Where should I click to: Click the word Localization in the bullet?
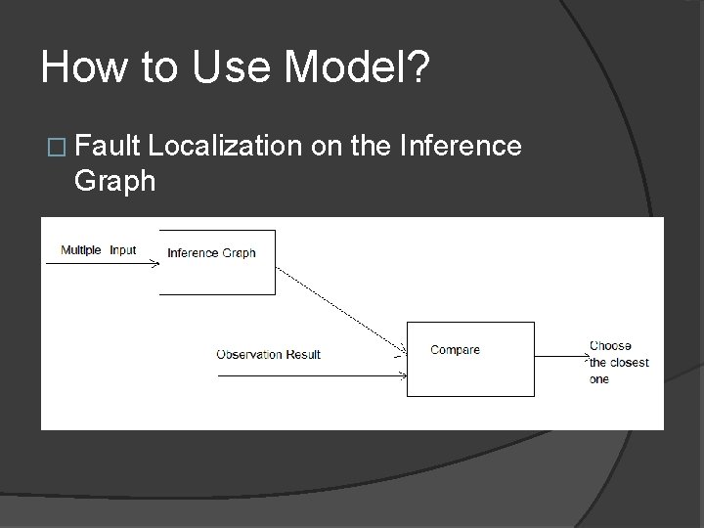click(x=227, y=147)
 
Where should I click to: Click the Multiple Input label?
click(x=98, y=250)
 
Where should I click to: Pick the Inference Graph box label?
click(x=211, y=253)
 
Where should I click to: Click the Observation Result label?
click(x=268, y=354)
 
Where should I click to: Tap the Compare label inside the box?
click(x=455, y=349)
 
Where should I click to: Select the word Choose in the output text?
click(x=610, y=345)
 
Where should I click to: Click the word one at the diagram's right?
click(x=598, y=379)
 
